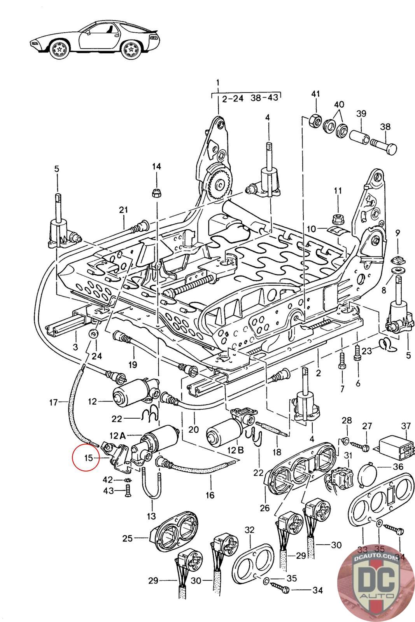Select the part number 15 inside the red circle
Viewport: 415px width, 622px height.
(x=89, y=458)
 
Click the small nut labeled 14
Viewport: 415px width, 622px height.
(x=156, y=192)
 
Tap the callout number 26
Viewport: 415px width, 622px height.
(x=265, y=507)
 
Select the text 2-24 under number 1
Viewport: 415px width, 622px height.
(x=233, y=98)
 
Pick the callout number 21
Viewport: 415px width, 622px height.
(x=123, y=210)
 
